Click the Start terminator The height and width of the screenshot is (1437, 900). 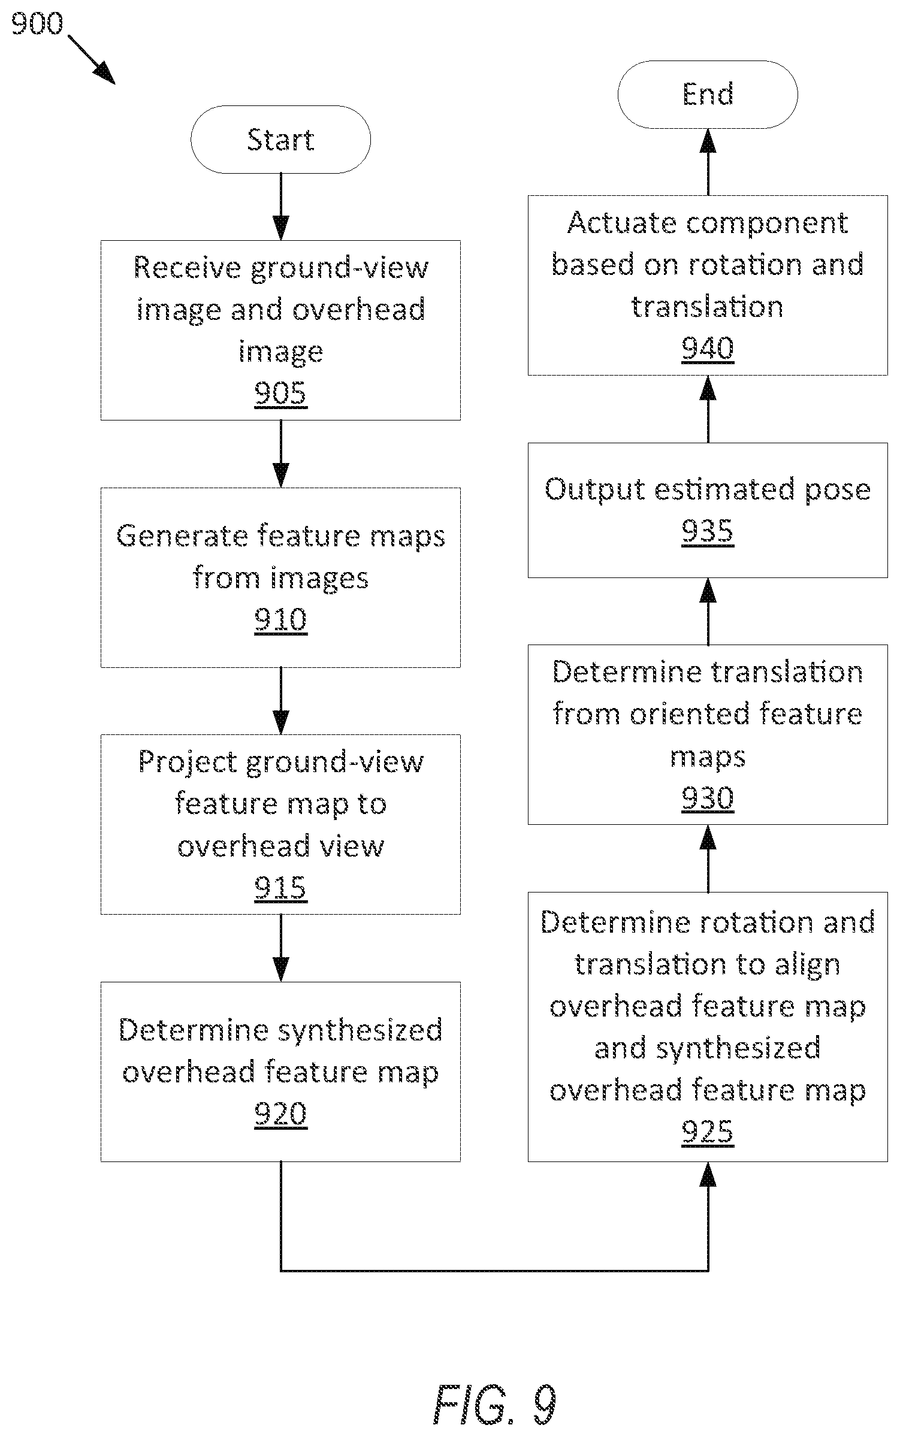pos(280,140)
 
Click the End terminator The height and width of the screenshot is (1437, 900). pos(708,94)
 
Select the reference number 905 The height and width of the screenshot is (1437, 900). pos(280,394)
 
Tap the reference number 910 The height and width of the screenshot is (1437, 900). pos(280,620)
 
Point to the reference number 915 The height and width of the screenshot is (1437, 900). pos(280,888)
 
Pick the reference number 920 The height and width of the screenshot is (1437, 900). pos(280,1114)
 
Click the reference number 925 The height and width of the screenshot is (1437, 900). pos(708,1132)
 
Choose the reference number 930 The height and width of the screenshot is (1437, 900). pos(708,798)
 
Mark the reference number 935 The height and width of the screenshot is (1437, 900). pos(708,531)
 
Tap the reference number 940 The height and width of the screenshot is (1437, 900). pos(708,349)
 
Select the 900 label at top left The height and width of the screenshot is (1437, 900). pos(37,25)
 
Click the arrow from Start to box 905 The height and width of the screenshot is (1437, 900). pos(280,207)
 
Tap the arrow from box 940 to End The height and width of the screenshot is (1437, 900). pos(708,162)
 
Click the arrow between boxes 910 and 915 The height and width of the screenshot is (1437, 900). pos(280,701)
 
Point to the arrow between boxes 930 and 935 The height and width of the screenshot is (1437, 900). pos(708,611)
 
